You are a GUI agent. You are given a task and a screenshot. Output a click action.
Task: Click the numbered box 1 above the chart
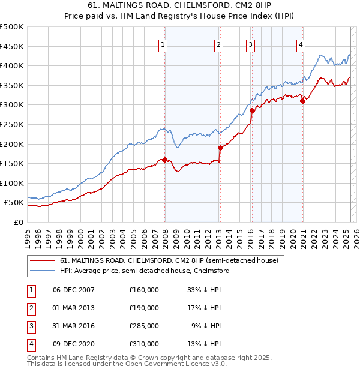(164, 44)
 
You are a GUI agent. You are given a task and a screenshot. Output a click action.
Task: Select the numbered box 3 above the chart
(250, 44)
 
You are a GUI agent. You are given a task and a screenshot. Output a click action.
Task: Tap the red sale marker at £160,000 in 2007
(164, 160)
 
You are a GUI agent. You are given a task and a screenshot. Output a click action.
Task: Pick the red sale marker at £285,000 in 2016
(252, 110)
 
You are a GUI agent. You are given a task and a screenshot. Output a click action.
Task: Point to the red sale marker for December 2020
(302, 101)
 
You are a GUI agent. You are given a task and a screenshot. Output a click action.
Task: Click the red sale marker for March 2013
(220, 148)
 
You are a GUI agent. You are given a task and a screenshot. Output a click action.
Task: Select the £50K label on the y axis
(14, 203)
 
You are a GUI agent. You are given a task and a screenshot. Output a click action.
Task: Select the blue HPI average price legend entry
(145, 271)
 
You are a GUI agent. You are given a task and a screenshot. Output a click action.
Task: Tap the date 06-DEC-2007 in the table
(74, 290)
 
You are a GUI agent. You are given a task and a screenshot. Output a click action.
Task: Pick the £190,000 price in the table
(144, 308)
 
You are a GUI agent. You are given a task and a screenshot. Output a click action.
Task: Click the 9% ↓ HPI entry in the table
(207, 326)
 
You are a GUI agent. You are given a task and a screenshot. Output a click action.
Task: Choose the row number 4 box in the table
(29, 344)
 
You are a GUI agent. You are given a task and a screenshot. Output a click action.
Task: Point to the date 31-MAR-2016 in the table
(74, 326)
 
